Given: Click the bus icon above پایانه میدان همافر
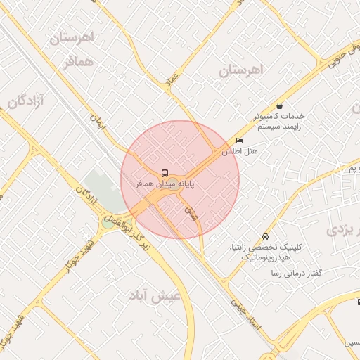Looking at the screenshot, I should pos(165,172).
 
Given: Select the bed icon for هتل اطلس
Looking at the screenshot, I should pos(239,141).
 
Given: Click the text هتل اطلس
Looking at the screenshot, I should pos(232,151).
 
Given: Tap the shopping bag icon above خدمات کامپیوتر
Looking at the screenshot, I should pos(280,105).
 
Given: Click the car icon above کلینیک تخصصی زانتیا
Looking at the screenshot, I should pos(264,236).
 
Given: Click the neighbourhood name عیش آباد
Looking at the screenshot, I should pos(154,297).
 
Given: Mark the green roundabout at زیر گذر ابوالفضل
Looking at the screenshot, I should pos(110,221).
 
